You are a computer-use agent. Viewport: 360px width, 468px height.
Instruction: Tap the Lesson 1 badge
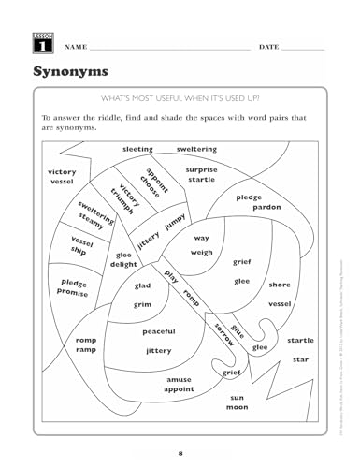(x=26, y=43)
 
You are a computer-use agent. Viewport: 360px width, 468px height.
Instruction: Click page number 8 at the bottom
(x=180, y=452)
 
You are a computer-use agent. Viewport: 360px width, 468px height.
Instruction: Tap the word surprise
(x=200, y=170)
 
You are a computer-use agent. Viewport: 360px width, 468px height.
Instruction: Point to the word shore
(x=279, y=284)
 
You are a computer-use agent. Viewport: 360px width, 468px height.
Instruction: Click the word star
(x=300, y=358)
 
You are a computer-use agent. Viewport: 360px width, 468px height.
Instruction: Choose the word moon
(x=237, y=407)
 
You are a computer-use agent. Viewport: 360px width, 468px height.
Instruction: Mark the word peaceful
(x=158, y=331)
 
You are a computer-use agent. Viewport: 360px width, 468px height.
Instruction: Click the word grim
(x=143, y=304)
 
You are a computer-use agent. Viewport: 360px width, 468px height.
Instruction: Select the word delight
(x=123, y=265)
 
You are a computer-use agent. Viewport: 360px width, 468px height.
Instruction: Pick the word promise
(x=74, y=291)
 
